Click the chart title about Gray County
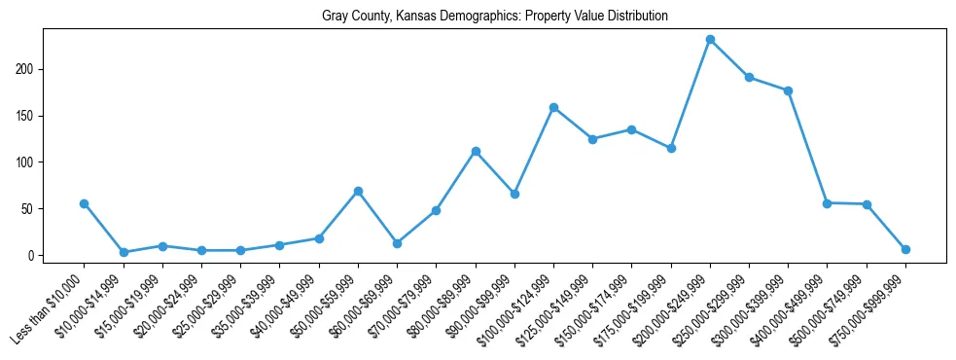pos(495,17)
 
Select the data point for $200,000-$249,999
pos(710,40)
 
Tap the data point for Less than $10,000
pos(84,203)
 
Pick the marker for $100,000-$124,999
pos(553,107)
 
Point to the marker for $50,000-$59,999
pos(358,191)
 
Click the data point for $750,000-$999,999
pos(905,249)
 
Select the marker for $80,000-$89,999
pos(476,151)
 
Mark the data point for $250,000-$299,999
pos(749,77)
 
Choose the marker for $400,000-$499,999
pos(827,203)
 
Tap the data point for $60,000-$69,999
pos(397,243)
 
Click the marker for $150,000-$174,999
pos(631,129)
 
